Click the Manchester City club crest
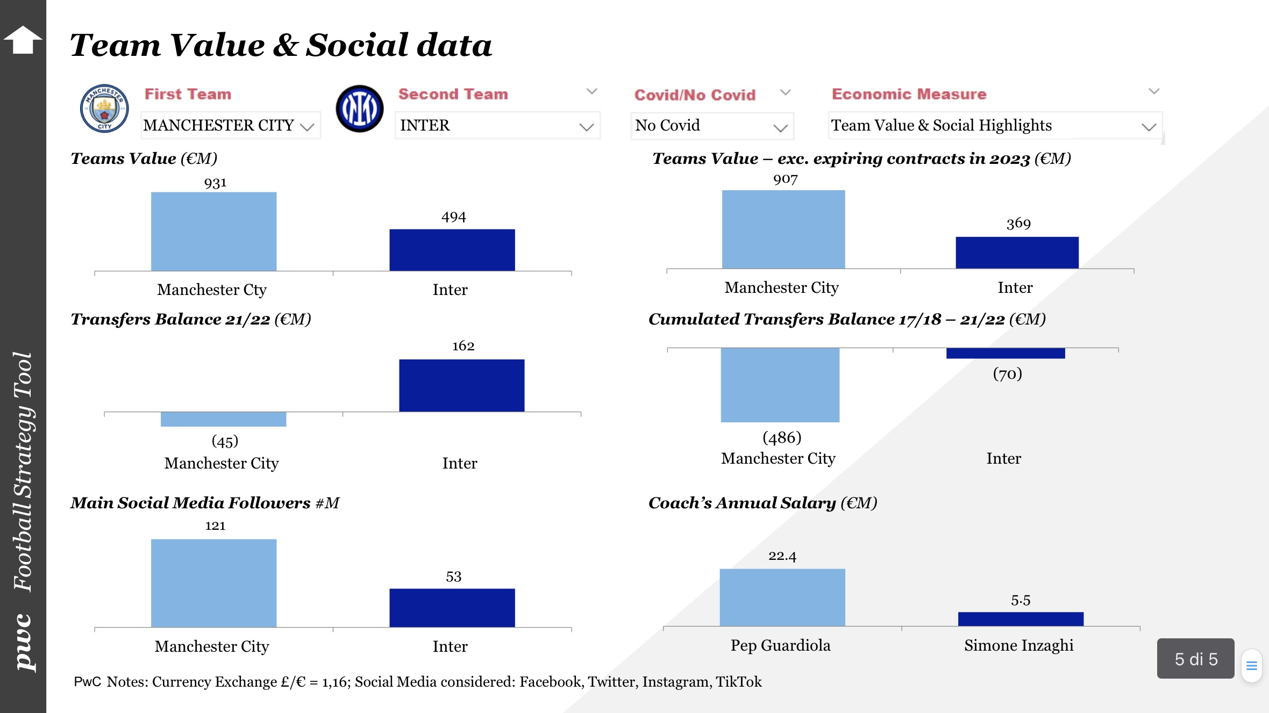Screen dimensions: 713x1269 coord(104,108)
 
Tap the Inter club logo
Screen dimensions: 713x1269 coord(359,109)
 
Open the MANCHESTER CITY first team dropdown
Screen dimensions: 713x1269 coord(230,126)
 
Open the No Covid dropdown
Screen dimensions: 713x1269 coord(711,126)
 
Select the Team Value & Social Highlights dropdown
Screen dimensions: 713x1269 coord(994,126)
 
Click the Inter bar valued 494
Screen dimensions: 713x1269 coord(452,250)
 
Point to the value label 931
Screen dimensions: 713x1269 coord(215,183)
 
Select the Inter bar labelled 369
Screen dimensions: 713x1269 coord(1016,253)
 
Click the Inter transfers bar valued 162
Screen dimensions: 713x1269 coord(461,385)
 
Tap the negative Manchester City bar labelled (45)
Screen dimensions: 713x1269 coord(223,419)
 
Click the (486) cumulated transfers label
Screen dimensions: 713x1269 coord(782,437)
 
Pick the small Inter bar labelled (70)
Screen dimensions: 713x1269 coord(1005,353)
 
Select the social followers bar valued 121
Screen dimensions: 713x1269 coord(213,583)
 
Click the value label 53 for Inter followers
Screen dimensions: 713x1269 coord(453,577)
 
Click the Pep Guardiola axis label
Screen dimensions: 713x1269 coord(780,645)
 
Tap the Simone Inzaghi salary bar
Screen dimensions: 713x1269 coord(1020,619)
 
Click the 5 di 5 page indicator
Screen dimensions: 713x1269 coord(1195,659)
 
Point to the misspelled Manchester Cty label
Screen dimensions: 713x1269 coord(212,290)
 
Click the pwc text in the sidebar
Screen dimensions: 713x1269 coord(24,642)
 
